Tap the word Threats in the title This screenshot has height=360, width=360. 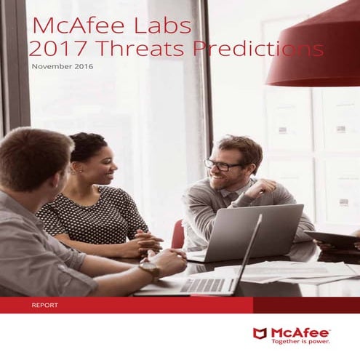point(124,49)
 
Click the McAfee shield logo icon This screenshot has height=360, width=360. point(260,333)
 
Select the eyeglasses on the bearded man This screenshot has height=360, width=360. point(223,165)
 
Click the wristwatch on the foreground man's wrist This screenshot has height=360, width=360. point(150,270)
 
